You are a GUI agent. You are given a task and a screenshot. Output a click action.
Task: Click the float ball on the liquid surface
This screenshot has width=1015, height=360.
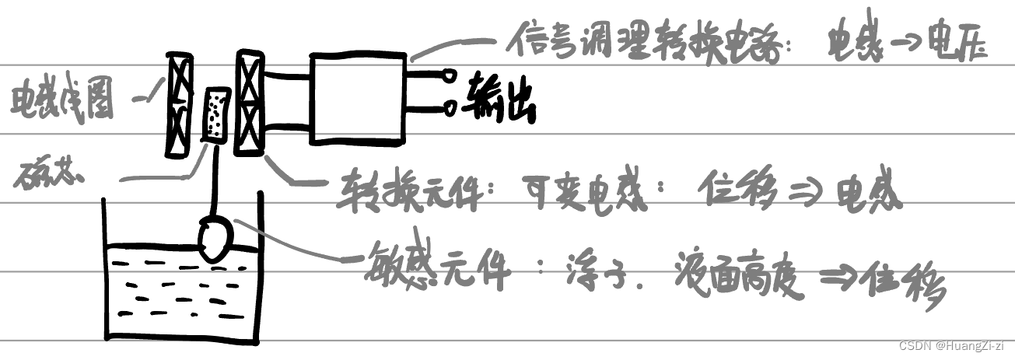(215, 237)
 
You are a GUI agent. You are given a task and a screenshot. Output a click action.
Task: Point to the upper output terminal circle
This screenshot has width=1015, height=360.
(450, 77)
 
